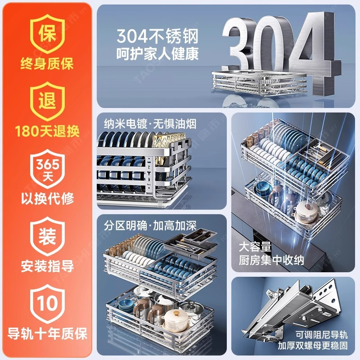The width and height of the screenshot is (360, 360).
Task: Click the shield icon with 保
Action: (x=47, y=34)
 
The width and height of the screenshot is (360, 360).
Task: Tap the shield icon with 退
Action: (x=47, y=101)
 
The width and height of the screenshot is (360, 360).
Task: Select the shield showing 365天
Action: (x=47, y=169)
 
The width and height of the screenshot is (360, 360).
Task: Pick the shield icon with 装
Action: (x=47, y=236)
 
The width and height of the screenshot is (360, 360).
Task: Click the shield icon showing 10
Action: (x=47, y=304)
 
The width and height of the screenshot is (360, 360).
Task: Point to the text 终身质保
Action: (x=47, y=63)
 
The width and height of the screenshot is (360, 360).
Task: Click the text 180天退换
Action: (x=47, y=131)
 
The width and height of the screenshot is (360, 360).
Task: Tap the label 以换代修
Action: (x=47, y=198)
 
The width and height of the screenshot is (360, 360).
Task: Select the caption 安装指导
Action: (x=47, y=266)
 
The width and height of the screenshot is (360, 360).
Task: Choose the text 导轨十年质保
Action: (x=47, y=333)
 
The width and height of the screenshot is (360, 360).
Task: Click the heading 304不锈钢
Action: (x=157, y=36)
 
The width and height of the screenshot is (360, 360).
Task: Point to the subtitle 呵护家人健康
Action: (x=157, y=54)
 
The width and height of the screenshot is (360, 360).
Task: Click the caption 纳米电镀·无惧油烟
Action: (x=150, y=124)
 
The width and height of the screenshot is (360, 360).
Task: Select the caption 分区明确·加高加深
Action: (x=150, y=225)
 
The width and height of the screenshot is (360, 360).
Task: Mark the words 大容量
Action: (x=255, y=247)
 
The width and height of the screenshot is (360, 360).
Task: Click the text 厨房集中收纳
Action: (x=271, y=260)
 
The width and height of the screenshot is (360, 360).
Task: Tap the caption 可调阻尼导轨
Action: (x=321, y=334)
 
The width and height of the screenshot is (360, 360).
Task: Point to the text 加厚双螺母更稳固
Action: (x=313, y=345)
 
